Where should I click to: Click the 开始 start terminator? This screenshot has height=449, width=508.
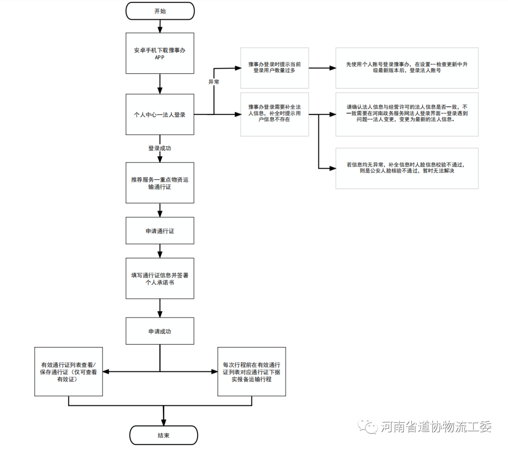[x=160, y=11]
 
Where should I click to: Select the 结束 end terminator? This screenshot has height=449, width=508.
[x=164, y=435]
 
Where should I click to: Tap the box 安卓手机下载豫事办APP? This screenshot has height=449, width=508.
[x=160, y=53]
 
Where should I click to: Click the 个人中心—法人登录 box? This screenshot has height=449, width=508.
[x=160, y=114]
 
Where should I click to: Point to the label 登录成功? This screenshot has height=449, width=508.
[x=160, y=148]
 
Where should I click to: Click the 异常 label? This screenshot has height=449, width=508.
[x=214, y=82]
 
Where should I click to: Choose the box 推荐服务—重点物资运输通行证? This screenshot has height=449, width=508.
[x=160, y=183]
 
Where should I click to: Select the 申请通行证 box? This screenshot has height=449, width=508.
[x=160, y=231]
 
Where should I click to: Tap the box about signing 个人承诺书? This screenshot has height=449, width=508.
[x=160, y=278]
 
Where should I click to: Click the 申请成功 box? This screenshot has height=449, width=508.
[x=160, y=331]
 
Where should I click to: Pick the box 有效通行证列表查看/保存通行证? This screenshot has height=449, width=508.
[x=69, y=372]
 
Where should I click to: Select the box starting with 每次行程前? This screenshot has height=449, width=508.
[x=252, y=371]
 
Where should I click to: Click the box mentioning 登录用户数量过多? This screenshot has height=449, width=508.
[x=275, y=68]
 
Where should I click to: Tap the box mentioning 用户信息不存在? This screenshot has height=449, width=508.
[x=275, y=114]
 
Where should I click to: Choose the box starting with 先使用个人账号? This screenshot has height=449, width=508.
[x=407, y=68]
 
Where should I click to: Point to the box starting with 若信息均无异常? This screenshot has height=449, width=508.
[x=407, y=168]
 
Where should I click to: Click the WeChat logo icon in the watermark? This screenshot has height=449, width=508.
[x=367, y=426]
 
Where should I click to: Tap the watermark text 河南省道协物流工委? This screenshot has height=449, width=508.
[x=436, y=427]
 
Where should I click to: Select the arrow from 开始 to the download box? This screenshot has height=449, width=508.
[x=160, y=26]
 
